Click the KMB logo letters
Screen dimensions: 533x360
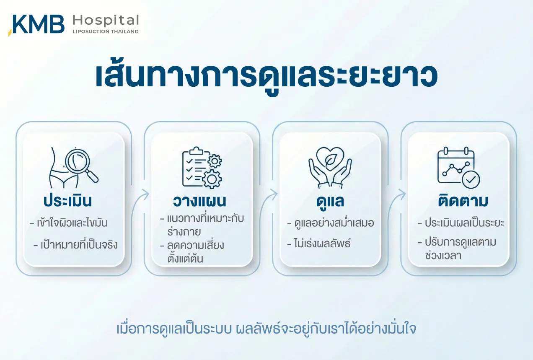[38, 24]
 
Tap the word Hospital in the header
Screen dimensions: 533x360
[106, 20]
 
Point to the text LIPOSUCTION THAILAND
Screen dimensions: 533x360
[106, 31]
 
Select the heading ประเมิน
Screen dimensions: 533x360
[68, 201]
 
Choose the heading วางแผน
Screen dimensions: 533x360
[199, 201]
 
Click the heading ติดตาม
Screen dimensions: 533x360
[463, 201]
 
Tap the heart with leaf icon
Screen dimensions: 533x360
[330, 158]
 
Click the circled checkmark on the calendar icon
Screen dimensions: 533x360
[471, 180]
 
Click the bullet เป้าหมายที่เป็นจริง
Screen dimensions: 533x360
[76, 244]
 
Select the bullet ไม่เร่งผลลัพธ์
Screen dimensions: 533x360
[319, 243]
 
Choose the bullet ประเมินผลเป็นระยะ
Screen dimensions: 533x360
[461, 223]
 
